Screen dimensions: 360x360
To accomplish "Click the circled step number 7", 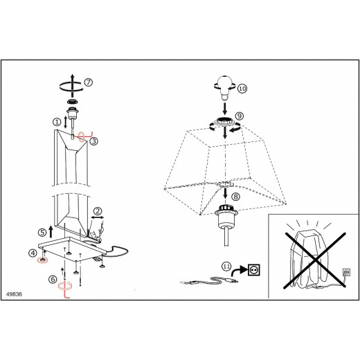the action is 89,82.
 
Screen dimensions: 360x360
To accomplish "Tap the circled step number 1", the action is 57,122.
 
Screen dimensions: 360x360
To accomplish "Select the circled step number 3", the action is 94,141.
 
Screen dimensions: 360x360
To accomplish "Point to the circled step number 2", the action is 98,211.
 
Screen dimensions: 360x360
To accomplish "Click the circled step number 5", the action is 42,233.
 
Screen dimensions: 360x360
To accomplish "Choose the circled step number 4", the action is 33,253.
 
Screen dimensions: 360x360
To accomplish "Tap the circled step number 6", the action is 53,279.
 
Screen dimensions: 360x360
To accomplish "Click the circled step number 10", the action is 242,89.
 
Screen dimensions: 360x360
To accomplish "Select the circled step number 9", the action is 240,116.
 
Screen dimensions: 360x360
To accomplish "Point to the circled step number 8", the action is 235,197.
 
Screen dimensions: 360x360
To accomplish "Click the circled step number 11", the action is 226,267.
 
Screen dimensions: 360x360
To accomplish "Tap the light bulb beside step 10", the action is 224,88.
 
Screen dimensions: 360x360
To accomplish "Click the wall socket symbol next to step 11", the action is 254,270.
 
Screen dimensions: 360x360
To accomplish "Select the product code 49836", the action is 14,294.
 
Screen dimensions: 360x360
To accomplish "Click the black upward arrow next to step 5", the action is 51,232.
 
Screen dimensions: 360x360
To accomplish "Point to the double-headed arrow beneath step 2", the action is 98,217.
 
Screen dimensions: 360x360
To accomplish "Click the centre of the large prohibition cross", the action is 315,260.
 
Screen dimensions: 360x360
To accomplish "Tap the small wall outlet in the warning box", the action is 346,272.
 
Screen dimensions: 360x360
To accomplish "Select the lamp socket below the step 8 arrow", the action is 225,216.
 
